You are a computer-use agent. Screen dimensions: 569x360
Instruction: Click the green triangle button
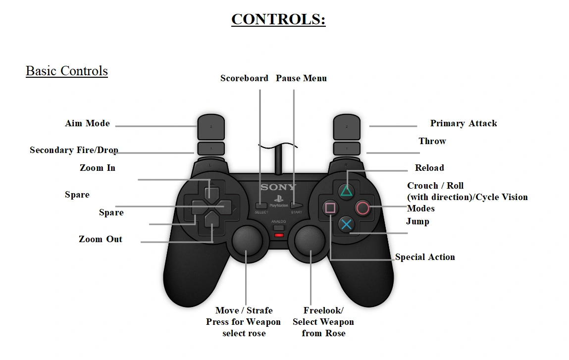pyautogui.click(x=347, y=190)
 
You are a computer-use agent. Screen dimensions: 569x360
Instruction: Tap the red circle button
pyautogui.click(x=363, y=208)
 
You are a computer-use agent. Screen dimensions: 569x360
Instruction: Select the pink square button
pyautogui.click(x=330, y=208)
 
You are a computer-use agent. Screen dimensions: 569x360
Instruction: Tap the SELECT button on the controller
pyautogui.click(x=261, y=205)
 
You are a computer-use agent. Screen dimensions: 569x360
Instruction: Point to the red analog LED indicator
pyautogui.click(x=279, y=234)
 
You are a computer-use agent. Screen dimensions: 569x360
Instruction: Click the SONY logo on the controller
pyautogui.click(x=278, y=187)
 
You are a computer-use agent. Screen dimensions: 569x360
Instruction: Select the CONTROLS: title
pyautogui.click(x=278, y=19)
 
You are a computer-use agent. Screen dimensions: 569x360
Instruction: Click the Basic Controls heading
pyautogui.click(x=67, y=71)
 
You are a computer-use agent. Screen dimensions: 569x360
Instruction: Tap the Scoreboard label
pyautogui.click(x=244, y=78)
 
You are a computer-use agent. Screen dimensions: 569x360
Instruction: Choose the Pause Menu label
pyautogui.click(x=301, y=78)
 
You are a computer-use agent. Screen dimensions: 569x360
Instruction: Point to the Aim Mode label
pyautogui.click(x=87, y=123)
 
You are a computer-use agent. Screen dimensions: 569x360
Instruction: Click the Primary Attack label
pyautogui.click(x=463, y=123)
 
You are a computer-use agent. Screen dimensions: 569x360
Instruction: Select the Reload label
pyautogui.click(x=429, y=168)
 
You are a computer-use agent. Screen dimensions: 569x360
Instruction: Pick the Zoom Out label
pyautogui.click(x=101, y=239)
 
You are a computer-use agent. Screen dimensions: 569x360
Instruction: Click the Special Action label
pyautogui.click(x=425, y=257)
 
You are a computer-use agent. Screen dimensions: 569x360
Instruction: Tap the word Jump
pyautogui.click(x=417, y=221)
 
